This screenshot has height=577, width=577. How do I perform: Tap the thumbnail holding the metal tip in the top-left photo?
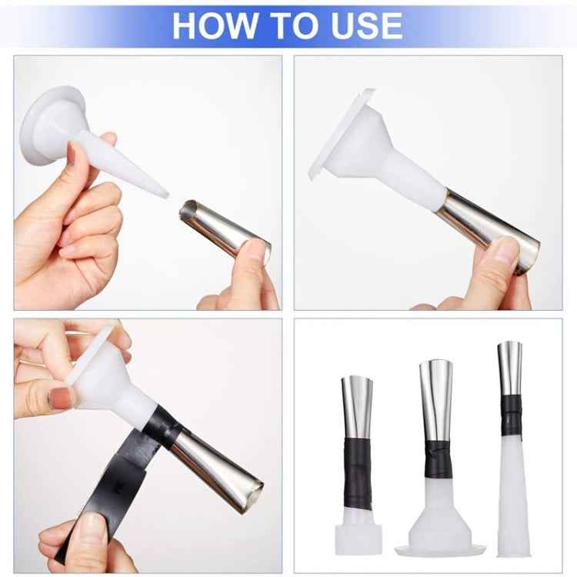point(254,252)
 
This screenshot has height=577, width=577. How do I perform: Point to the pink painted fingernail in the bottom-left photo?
point(61,398)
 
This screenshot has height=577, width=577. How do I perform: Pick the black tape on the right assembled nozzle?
point(510,416)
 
